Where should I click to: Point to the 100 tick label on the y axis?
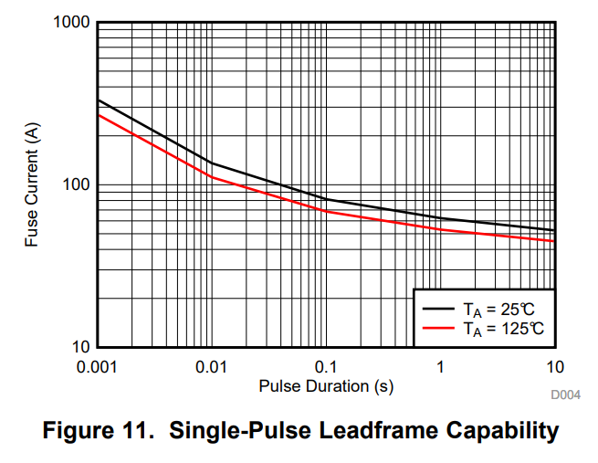pyautogui.click(x=75, y=184)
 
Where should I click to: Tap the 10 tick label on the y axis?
pyautogui.click(x=79, y=347)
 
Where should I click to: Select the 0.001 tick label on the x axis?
pyautogui.click(x=98, y=366)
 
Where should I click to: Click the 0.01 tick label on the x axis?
pyautogui.click(x=212, y=366)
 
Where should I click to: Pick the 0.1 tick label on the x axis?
pyautogui.click(x=326, y=366)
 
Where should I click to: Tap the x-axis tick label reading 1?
pyautogui.click(x=440, y=366)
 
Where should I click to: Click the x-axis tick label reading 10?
pyautogui.click(x=554, y=366)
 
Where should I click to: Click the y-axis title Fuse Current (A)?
pyautogui.click(x=33, y=184)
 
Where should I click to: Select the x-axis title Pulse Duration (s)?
pyautogui.click(x=326, y=385)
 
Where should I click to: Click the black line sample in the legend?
pyautogui.click(x=436, y=309)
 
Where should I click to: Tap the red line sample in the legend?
pyautogui.click(x=436, y=328)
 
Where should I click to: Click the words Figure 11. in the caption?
pyautogui.click(x=96, y=430)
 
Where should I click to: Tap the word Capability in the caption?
pyautogui.click(x=507, y=430)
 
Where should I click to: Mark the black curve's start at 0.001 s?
pyautogui.click(x=98, y=100)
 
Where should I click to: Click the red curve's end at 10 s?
pyautogui.click(x=554, y=241)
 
